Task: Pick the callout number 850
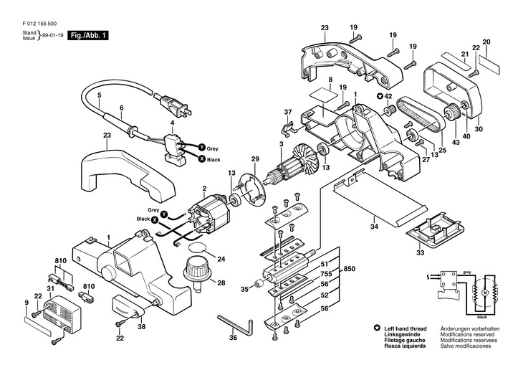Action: (x=349, y=268)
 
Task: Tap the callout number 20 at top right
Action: (x=486, y=43)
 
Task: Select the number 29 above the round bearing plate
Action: (x=254, y=158)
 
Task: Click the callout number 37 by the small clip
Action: (x=289, y=112)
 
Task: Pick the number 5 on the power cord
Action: (x=100, y=95)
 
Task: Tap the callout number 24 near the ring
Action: (x=221, y=258)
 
